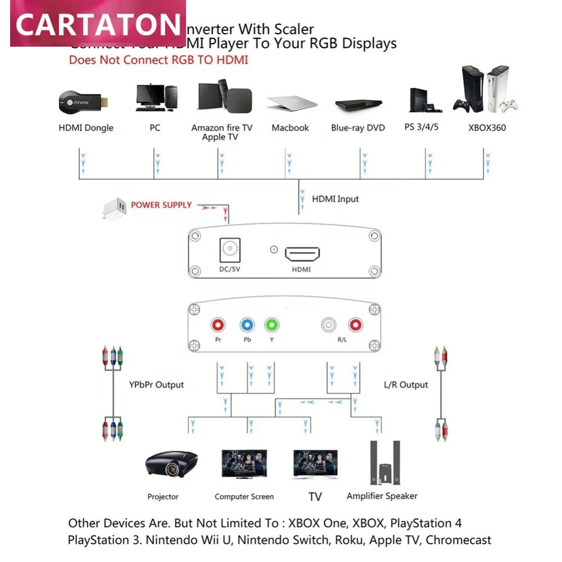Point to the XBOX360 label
[x=487, y=128]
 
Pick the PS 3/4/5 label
[x=422, y=127]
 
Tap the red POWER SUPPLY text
[x=161, y=205]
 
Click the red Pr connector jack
[x=218, y=325]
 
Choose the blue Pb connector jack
[x=247, y=325]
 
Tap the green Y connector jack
[x=272, y=325]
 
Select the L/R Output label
[x=406, y=385]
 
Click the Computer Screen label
[x=244, y=496]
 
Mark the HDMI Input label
[x=336, y=199]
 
